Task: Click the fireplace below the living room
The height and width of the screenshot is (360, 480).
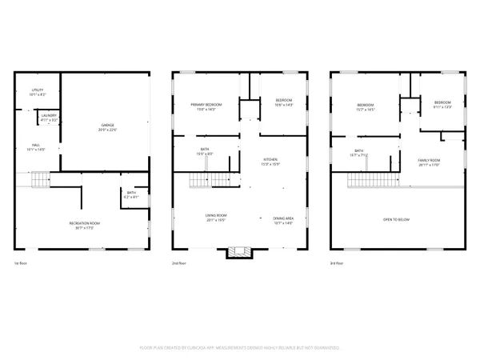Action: [238, 253]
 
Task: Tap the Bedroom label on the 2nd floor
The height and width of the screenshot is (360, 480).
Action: [284, 102]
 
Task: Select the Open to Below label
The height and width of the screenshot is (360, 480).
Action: [398, 218]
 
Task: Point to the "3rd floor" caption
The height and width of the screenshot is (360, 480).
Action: [339, 263]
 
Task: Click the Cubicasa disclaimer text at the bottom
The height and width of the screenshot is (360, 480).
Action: [240, 348]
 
